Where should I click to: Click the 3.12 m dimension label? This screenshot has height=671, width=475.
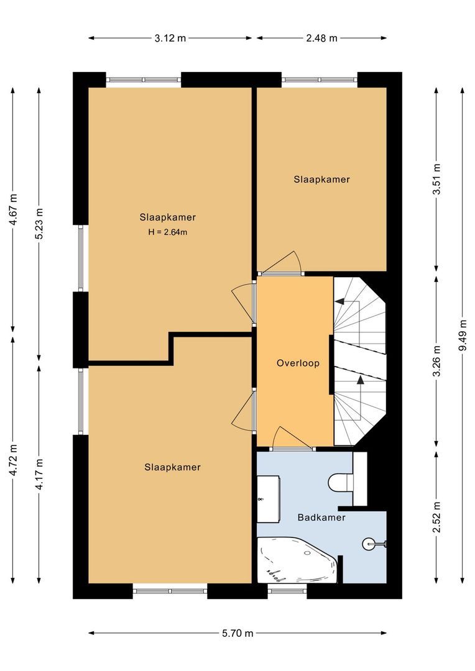[170, 38]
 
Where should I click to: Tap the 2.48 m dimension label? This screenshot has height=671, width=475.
[321, 38]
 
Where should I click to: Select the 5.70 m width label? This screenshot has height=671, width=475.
[237, 633]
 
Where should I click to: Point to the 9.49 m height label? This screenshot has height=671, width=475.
[463, 335]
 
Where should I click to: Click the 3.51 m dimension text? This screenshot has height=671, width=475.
[436, 180]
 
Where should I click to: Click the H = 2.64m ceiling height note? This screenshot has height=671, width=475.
[167, 232]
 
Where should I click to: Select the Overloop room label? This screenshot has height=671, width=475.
[298, 363]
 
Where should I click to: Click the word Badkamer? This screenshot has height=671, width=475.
[321, 518]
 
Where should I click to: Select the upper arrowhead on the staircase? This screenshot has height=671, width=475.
[339, 301]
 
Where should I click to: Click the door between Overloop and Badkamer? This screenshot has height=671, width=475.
[292, 438]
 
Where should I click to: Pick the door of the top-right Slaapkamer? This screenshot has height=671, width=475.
[281, 263]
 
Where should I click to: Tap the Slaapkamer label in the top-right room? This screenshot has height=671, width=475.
[321, 180]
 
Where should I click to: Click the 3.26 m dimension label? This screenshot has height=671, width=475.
[436, 362]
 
